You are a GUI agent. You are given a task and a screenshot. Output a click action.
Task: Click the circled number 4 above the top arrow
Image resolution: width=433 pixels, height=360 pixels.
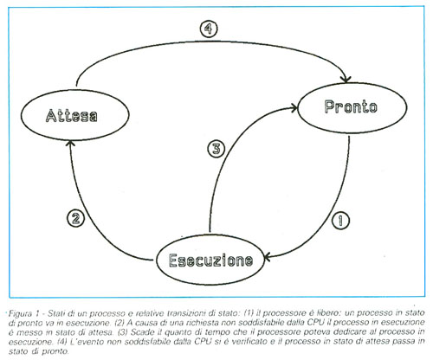209,29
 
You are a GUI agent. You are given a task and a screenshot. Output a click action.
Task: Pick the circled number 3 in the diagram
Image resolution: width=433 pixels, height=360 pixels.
216,149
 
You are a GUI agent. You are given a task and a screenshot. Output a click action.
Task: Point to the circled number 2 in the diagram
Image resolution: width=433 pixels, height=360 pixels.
75,218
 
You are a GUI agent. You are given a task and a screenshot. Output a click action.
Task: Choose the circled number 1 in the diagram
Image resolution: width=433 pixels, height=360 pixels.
340,221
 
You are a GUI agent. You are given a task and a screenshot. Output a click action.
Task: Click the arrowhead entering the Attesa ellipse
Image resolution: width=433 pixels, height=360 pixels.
70,143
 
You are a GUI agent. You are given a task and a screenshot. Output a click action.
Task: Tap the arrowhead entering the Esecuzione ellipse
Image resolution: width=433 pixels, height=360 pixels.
268,257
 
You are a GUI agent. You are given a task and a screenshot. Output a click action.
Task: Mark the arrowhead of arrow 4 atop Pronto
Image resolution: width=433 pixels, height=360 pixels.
346,79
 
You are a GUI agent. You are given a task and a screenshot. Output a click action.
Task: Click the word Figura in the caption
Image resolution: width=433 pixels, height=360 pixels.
20,313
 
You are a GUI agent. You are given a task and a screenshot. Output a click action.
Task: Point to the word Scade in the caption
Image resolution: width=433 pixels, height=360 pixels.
142,332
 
